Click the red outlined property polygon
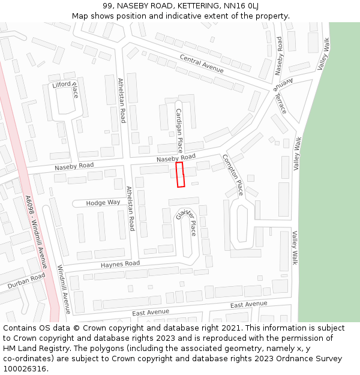point(180,175)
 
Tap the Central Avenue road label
point(201,64)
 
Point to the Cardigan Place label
point(179,130)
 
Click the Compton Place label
point(233,175)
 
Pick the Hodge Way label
point(103,203)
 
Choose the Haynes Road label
point(120,264)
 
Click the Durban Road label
point(26,281)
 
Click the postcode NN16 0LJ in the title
point(242,6)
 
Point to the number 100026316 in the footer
point(25,368)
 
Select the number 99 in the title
point(107,6)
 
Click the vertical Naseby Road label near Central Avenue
point(279,55)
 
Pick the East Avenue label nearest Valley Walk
point(248,304)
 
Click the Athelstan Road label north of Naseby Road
point(122,100)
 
